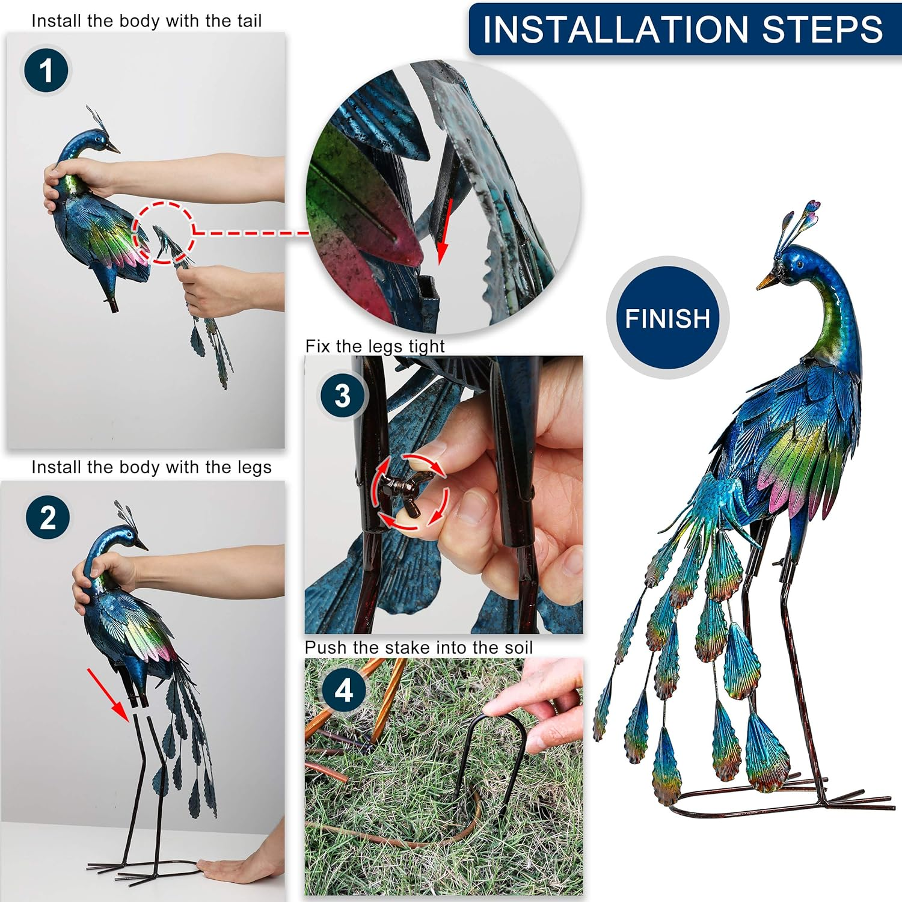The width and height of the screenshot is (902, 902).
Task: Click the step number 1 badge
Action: [x=46, y=70]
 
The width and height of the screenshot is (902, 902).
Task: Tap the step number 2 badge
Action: [x=48, y=518]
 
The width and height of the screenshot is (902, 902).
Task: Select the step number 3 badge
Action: [x=342, y=396]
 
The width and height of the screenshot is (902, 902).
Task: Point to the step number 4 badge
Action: [x=343, y=690]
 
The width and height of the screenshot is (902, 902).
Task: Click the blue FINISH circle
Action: [x=667, y=318]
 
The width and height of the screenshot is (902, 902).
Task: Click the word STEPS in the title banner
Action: [x=822, y=29]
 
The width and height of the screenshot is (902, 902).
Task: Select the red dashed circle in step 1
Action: [x=164, y=233]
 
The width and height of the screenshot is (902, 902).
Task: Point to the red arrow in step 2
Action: [x=108, y=695]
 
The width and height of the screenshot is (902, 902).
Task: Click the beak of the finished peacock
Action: [x=766, y=281]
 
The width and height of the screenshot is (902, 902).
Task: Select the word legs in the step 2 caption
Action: [x=255, y=467]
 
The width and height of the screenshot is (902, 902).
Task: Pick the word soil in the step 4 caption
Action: [x=517, y=648]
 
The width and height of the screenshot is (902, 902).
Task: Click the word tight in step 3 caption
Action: [x=426, y=346]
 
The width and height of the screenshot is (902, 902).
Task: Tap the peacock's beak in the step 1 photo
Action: [x=113, y=148]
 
